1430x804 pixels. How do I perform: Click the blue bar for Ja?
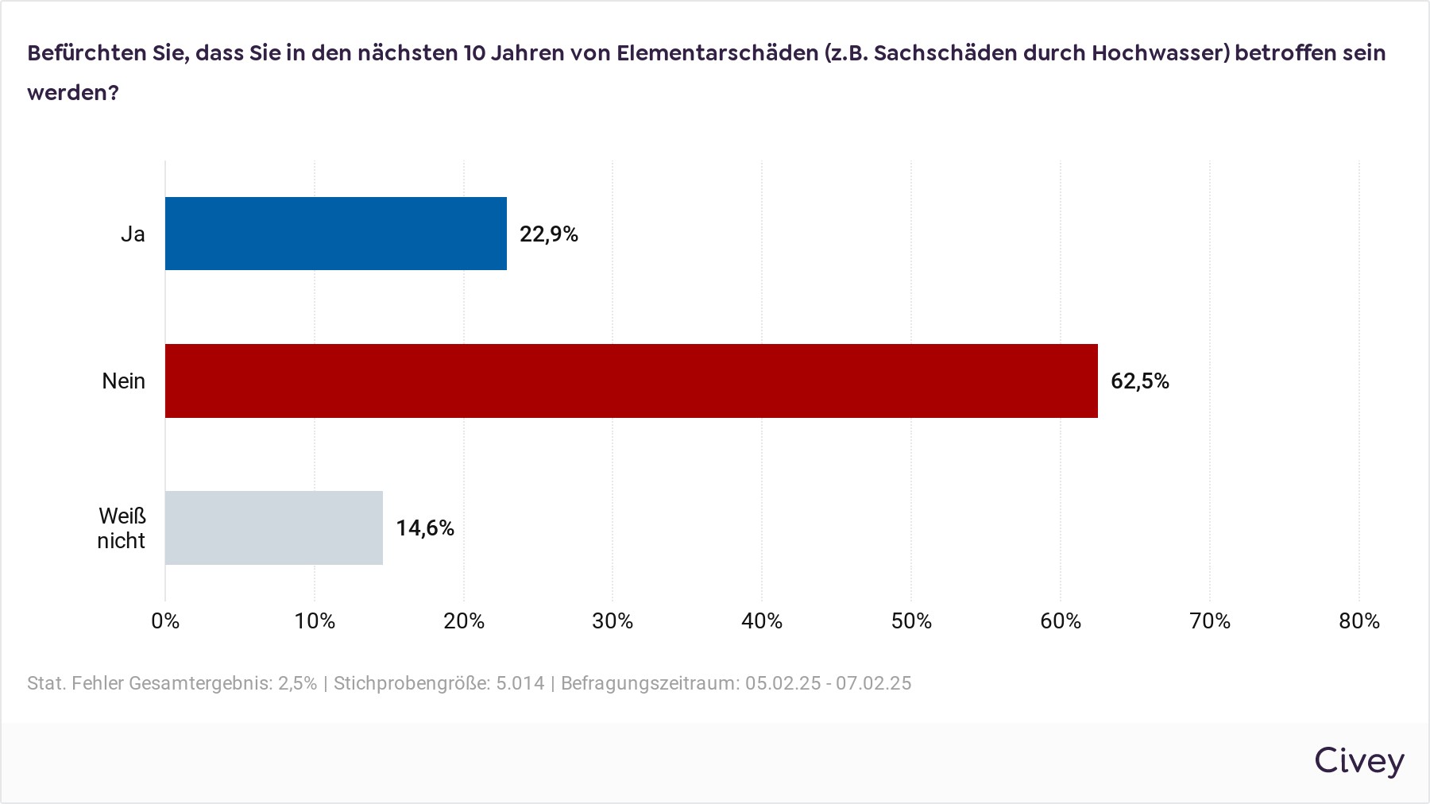pyautogui.click(x=336, y=234)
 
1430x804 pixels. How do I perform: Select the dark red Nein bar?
pyautogui.click(x=632, y=381)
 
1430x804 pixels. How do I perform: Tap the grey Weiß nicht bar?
pyautogui.click(x=274, y=528)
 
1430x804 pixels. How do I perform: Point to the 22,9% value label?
pyautogui.click(x=549, y=234)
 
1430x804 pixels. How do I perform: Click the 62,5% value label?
pyautogui.click(x=1140, y=381)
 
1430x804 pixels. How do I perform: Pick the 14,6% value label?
pyautogui.click(x=425, y=528)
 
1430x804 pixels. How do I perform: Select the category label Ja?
pyautogui.click(x=133, y=234)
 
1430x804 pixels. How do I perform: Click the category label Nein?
pyautogui.click(x=124, y=381)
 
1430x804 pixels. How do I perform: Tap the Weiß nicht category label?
pyautogui.click(x=122, y=528)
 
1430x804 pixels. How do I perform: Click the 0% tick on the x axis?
pyautogui.click(x=165, y=621)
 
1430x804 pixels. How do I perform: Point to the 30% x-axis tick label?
pyautogui.click(x=613, y=621)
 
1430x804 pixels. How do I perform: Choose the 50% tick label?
pyautogui.click(x=911, y=621)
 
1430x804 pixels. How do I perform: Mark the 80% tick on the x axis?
pyautogui.click(x=1359, y=621)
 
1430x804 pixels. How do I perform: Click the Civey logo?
pyautogui.click(x=1359, y=762)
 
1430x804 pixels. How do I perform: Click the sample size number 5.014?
pyautogui.click(x=520, y=683)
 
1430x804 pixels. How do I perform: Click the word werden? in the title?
pyautogui.click(x=73, y=93)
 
